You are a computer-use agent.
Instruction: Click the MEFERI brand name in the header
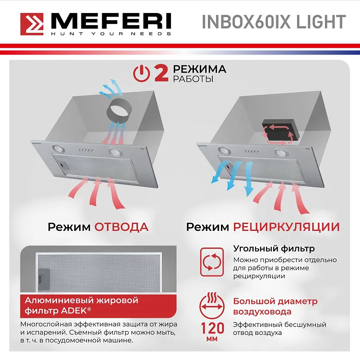[x=111, y=21]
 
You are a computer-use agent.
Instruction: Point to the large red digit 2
[x=161, y=73]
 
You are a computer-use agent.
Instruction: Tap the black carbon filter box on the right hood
[x=278, y=129]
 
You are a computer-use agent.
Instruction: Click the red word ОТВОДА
[x=121, y=226]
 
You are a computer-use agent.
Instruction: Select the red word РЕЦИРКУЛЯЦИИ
[x=287, y=226]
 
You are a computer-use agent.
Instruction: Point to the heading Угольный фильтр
[x=274, y=248]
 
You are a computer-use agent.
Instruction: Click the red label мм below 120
[x=212, y=338]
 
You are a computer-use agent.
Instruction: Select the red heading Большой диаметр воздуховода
[x=275, y=306]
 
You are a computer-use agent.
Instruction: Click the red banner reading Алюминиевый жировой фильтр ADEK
[x=78, y=305]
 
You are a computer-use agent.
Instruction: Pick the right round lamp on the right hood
[x=282, y=153]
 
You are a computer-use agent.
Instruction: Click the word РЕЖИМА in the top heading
[x=199, y=69]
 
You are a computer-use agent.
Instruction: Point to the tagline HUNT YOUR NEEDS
[x=111, y=34]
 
